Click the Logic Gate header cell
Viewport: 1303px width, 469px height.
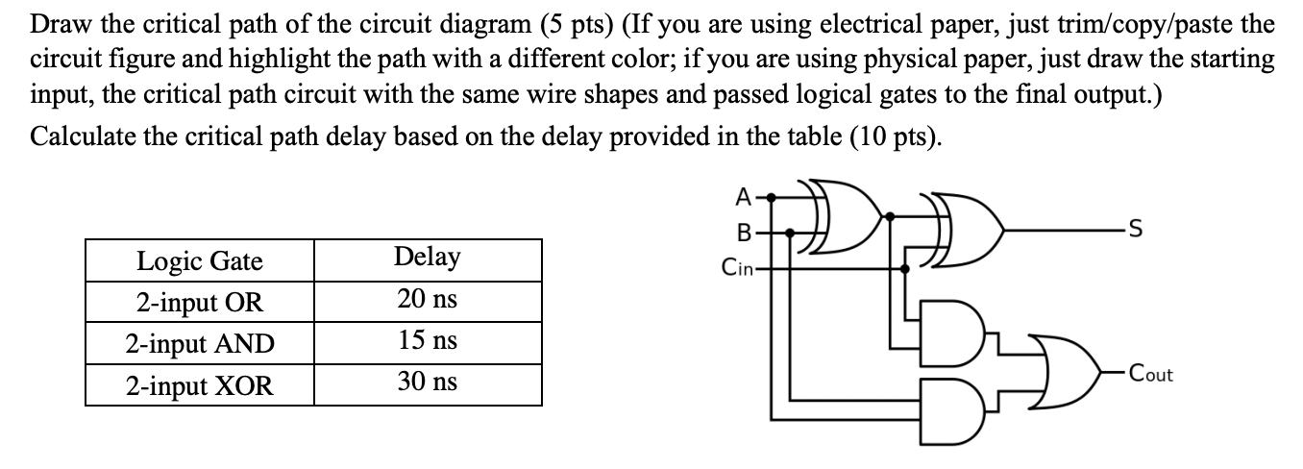point(199,260)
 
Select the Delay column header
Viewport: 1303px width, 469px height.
point(427,258)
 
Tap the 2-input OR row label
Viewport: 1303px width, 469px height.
point(199,302)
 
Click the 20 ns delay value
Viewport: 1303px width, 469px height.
point(427,300)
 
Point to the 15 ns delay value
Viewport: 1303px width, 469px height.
point(427,341)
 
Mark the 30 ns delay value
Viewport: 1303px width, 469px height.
point(427,383)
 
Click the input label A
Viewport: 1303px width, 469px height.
point(743,198)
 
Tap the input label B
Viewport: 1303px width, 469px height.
point(743,232)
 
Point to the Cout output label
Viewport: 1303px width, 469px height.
point(1150,375)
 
